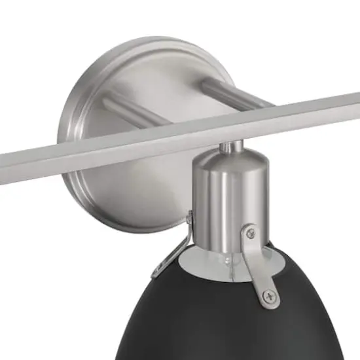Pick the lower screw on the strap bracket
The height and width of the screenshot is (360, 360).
pyautogui.click(x=267, y=298)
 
